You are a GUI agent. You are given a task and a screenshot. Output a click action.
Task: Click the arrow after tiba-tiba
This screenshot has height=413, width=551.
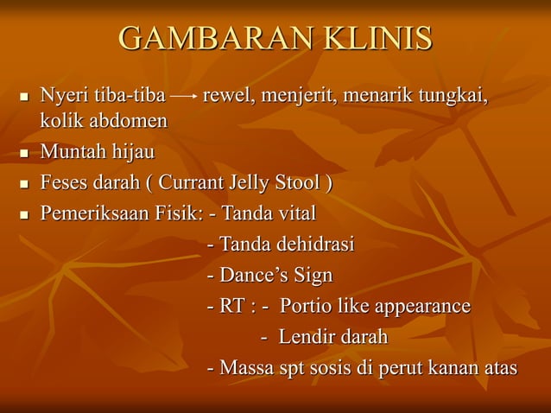pos(183,94)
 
